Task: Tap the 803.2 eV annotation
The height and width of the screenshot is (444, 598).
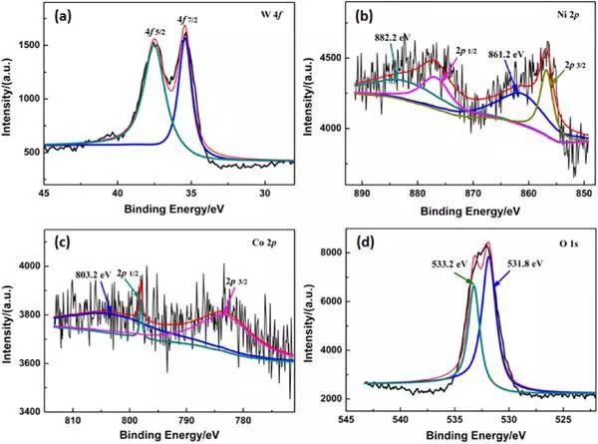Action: (x=102, y=274)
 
